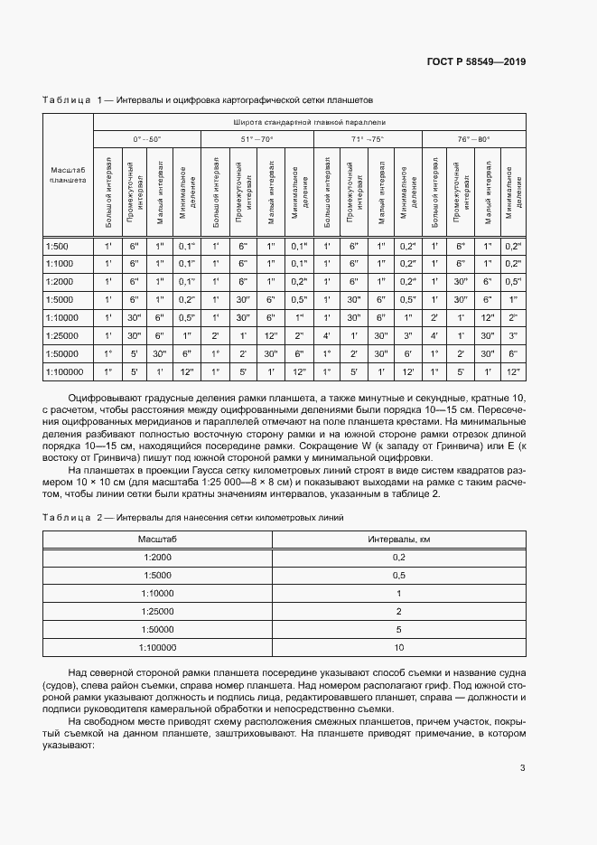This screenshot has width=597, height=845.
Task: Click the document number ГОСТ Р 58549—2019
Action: coord(475,62)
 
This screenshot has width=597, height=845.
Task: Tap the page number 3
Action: coord(522,768)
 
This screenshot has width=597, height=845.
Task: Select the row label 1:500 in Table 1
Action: coord(56,246)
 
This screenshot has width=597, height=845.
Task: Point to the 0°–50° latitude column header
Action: coord(146,139)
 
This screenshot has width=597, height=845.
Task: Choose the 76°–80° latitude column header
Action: coord(473,139)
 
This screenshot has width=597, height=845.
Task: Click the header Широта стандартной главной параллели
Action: coord(309,121)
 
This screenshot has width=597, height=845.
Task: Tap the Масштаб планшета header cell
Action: coord(68,175)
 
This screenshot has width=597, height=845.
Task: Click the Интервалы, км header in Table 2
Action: coord(398,539)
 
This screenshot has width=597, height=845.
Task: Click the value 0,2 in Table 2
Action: coord(398,557)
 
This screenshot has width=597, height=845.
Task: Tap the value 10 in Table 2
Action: coord(398,647)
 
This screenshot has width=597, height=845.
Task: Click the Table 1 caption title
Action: coord(207,99)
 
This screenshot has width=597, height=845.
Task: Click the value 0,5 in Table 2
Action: coord(398,575)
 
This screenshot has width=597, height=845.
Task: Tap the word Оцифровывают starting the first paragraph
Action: coord(104,399)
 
